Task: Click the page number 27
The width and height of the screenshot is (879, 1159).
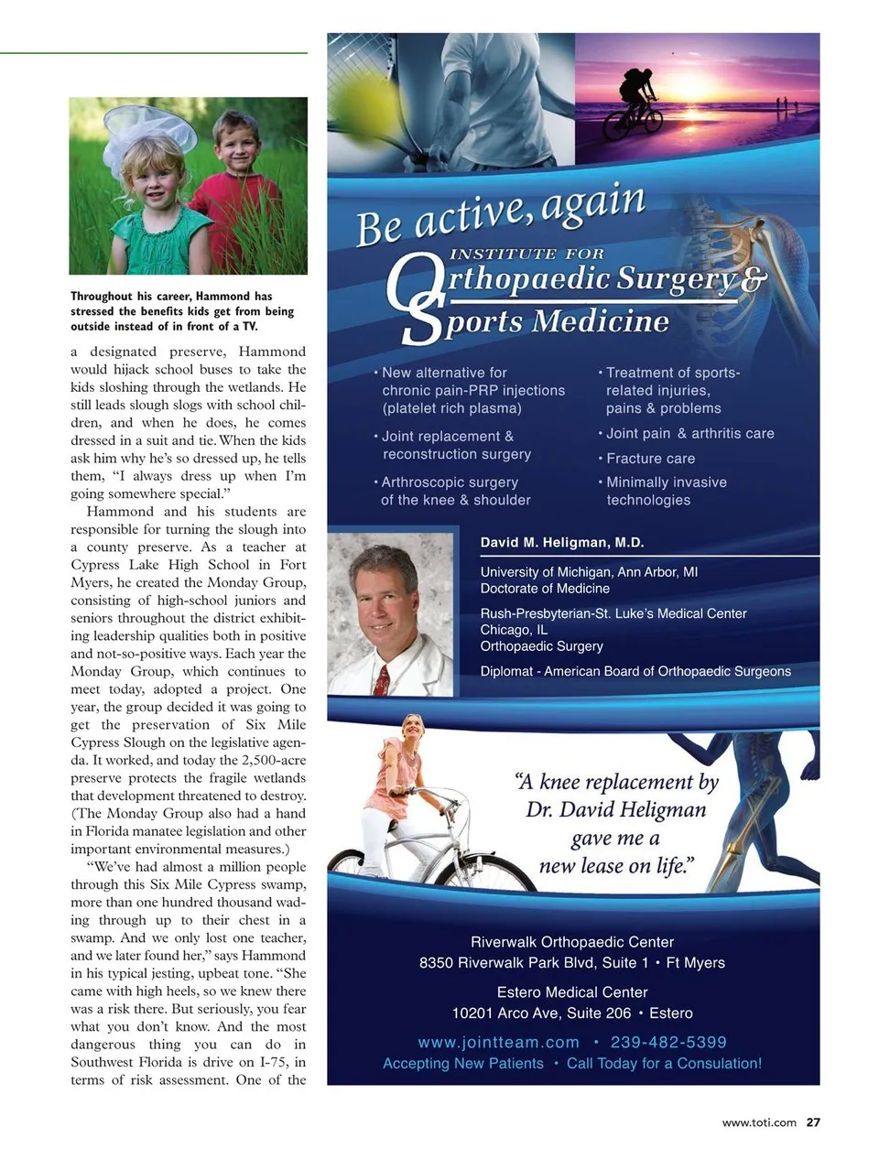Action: coord(813,1122)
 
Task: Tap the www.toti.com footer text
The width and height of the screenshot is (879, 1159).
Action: coord(759,1122)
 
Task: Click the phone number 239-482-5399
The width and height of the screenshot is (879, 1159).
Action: coord(668,1042)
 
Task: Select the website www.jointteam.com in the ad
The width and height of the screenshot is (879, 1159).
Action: coord(499,1042)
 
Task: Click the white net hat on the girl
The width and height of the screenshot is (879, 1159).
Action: coord(151,128)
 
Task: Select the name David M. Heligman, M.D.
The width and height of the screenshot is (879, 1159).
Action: coord(562,542)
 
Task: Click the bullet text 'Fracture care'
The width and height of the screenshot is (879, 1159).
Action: coord(650,459)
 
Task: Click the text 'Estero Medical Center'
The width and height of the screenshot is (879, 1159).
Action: coord(572,992)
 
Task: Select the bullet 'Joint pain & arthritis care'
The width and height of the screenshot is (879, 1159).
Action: coord(689,434)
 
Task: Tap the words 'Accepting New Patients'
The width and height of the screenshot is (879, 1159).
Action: coord(463,1064)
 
